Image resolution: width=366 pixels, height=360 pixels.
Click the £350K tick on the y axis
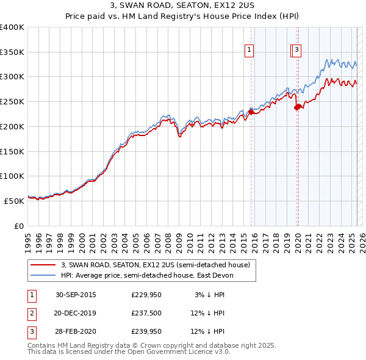click(12, 52)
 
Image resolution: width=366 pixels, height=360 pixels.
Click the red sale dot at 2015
click(251, 111)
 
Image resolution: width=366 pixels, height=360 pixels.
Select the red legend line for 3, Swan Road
click(42, 265)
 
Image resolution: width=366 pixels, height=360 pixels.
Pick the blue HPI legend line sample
click(42, 275)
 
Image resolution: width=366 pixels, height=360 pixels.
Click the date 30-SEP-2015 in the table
click(76, 295)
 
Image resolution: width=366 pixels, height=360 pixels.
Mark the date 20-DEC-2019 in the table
click(76, 314)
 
